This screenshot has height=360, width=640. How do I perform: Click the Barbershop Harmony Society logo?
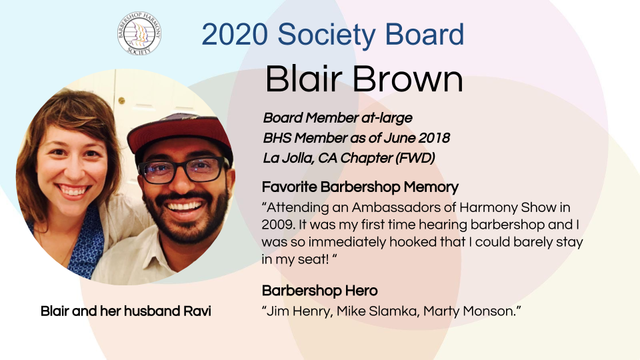coord(139,33)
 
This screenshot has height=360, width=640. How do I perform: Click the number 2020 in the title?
coord(235,34)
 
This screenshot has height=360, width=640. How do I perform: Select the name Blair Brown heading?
coord(364,79)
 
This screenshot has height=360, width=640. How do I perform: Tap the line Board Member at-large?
coord(337,118)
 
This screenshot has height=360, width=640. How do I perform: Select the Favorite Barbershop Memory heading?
coord(360,187)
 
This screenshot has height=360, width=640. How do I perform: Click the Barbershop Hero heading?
coord(319,291)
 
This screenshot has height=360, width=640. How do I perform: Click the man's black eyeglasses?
coord(184,170)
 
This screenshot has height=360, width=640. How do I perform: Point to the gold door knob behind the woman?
coord(121,101)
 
